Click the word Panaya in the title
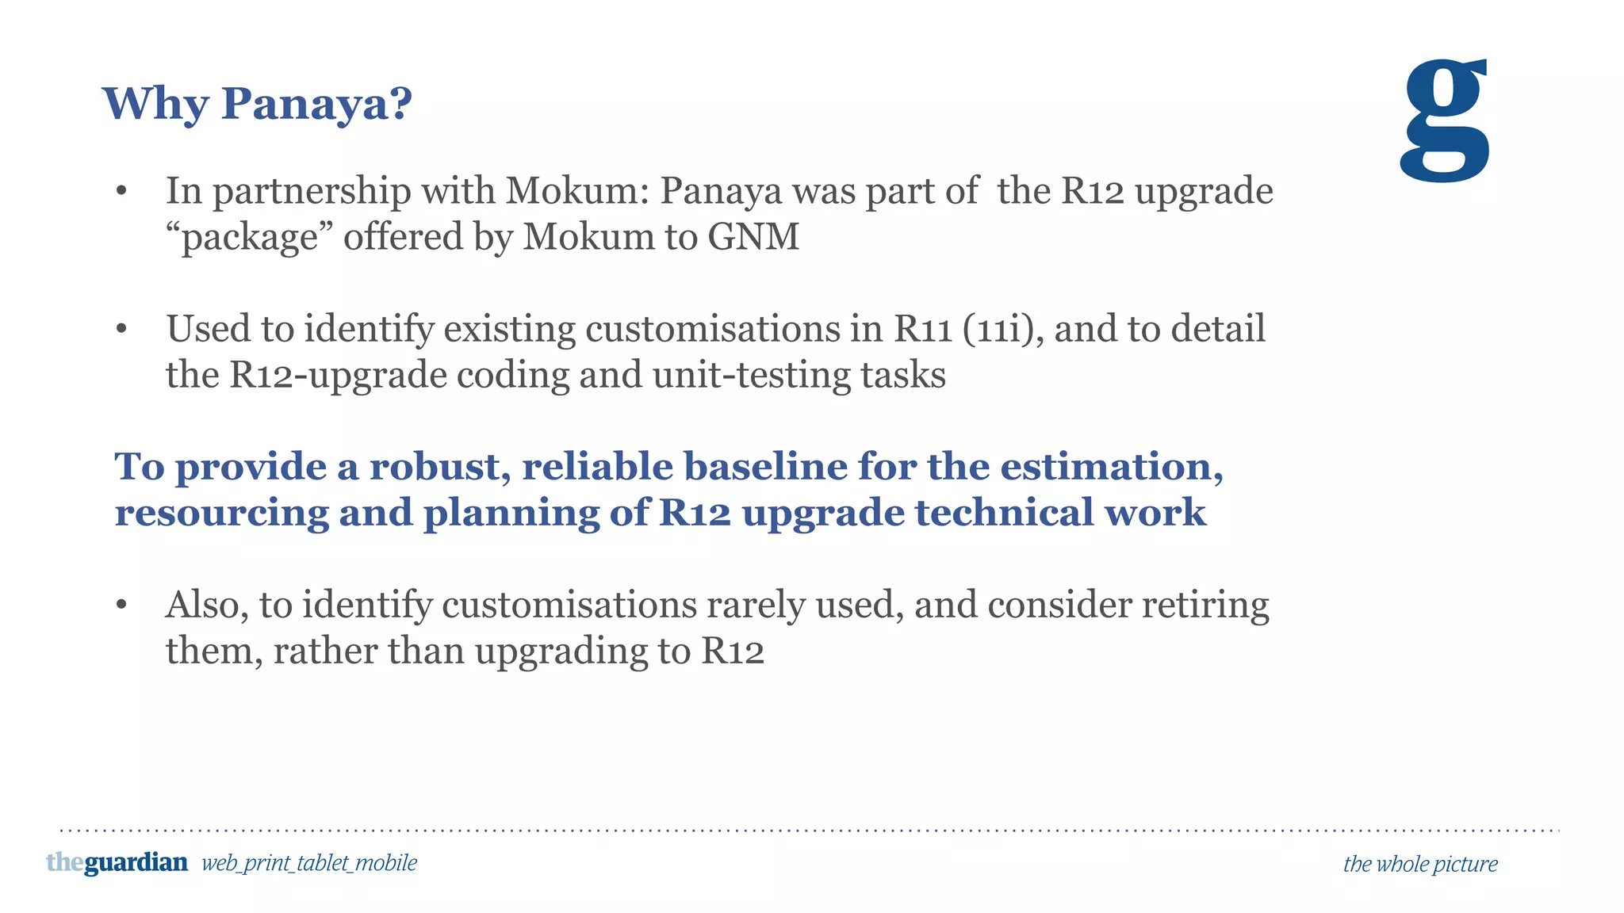coord(316,104)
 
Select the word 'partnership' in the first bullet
coord(312,191)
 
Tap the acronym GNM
coord(753,237)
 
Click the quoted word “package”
coord(249,237)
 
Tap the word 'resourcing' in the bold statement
coord(221,513)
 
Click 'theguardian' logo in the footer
coord(117,862)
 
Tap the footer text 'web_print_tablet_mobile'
coord(309,863)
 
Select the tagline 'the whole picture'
coord(1420,864)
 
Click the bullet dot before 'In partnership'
coord(121,191)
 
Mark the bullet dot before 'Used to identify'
coord(121,329)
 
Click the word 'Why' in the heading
coord(155,104)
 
